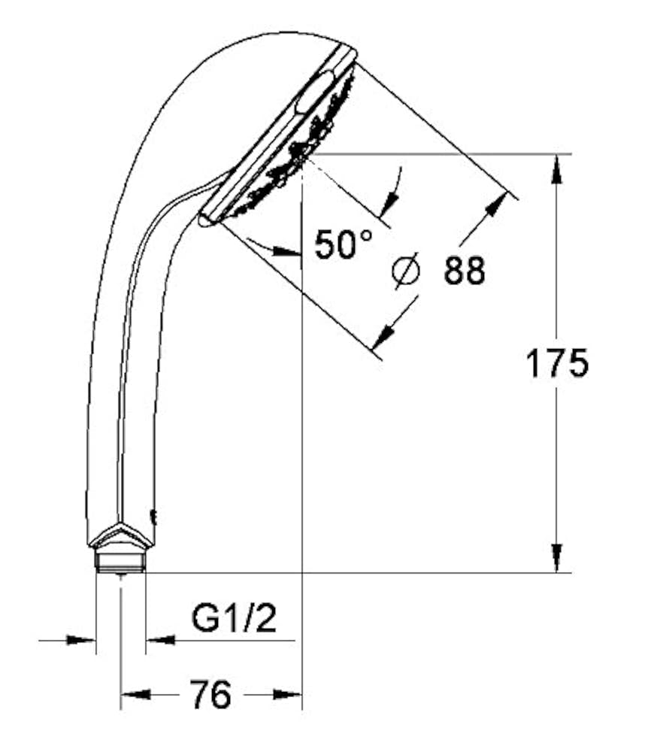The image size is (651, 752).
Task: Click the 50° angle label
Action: click(x=343, y=244)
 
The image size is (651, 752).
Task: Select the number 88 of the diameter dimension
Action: click(x=464, y=271)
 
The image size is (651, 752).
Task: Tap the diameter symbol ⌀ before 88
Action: click(x=406, y=271)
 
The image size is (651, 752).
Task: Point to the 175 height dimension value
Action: click(x=556, y=364)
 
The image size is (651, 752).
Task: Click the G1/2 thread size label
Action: click(x=234, y=619)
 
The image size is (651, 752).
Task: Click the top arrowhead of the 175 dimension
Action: click(x=556, y=169)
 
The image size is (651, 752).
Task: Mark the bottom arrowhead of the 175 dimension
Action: click(x=556, y=558)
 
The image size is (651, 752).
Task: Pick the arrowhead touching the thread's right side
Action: click(x=160, y=640)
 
